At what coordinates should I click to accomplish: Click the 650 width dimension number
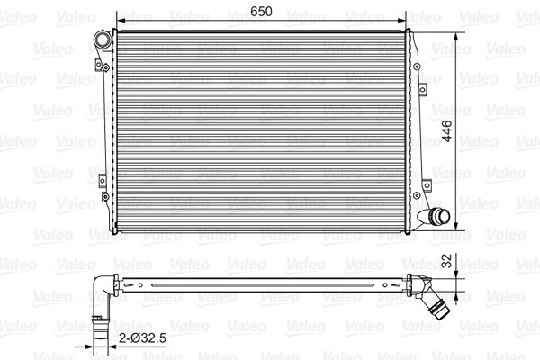(x=261, y=11)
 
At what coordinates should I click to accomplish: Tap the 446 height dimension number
(x=447, y=130)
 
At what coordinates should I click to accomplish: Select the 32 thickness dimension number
(x=446, y=261)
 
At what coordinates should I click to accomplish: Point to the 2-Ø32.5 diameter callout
(x=142, y=338)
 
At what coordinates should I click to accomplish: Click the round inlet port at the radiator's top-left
(x=102, y=40)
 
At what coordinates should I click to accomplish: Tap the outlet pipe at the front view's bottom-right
(x=435, y=216)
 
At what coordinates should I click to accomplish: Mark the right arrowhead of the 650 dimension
(x=402, y=21)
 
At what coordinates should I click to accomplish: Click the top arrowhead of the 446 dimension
(x=456, y=38)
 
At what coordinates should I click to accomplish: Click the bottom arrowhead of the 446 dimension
(x=456, y=225)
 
